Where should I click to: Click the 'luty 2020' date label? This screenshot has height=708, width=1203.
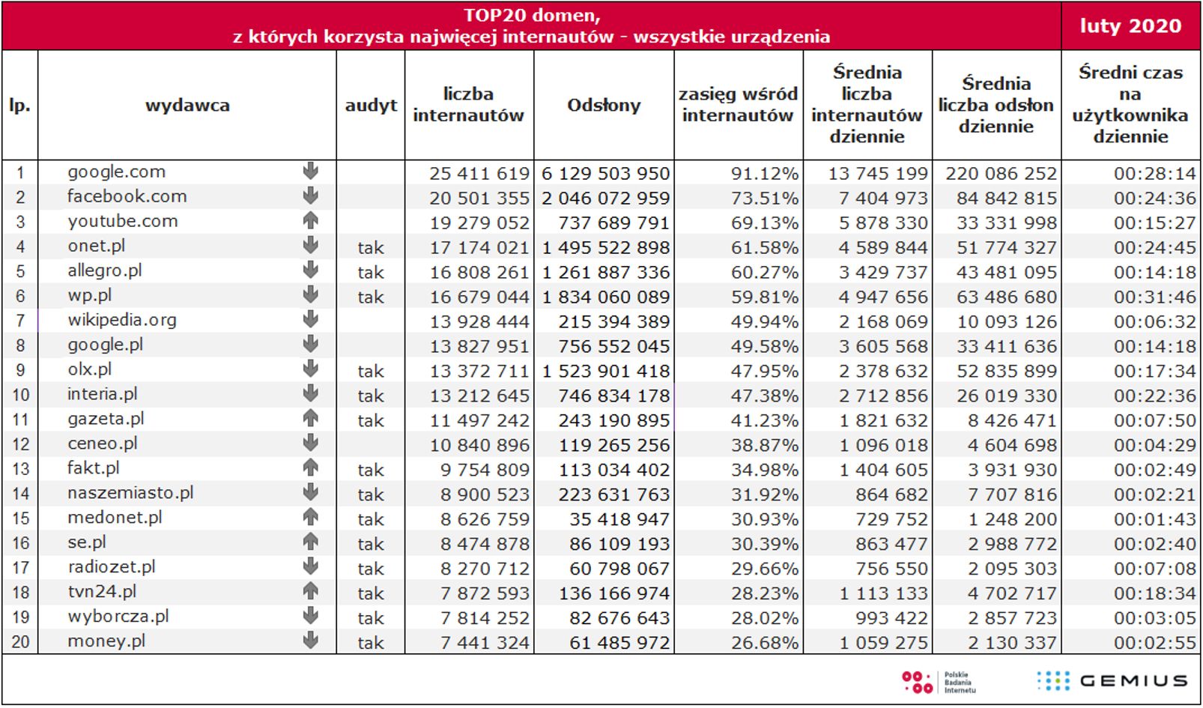[x=1130, y=26]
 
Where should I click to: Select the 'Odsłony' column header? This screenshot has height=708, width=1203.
[x=604, y=105]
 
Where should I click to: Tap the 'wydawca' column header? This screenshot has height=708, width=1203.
[x=187, y=105]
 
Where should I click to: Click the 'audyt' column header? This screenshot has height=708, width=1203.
[x=371, y=105]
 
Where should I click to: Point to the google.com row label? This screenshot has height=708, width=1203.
[x=116, y=172]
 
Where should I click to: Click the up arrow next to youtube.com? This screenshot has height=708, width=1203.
[x=311, y=220]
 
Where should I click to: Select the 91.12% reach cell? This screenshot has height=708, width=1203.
[x=764, y=174]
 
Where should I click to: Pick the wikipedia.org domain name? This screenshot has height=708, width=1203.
[x=122, y=320]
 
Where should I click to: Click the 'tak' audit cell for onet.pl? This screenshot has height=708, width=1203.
[x=371, y=248]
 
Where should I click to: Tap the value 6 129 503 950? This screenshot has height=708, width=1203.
[x=605, y=174]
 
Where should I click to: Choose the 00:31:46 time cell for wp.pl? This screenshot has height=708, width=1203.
[x=1154, y=297]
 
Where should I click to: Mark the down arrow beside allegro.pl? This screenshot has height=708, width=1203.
[x=311, y=270]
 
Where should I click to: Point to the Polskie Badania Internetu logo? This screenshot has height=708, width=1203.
[x=938, y=682]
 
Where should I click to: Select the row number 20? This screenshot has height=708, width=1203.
[x=20, y=642]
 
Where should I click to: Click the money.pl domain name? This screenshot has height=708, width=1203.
[x=106, y=641]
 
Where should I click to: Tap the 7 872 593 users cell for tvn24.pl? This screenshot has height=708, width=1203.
[x=484, y=593]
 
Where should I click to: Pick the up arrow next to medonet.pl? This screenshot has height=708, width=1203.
[x=311, y=517]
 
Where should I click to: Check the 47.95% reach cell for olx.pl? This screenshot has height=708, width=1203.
[x=764, y=372]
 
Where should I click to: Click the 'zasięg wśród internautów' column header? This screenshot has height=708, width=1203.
[x=738, y=105]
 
